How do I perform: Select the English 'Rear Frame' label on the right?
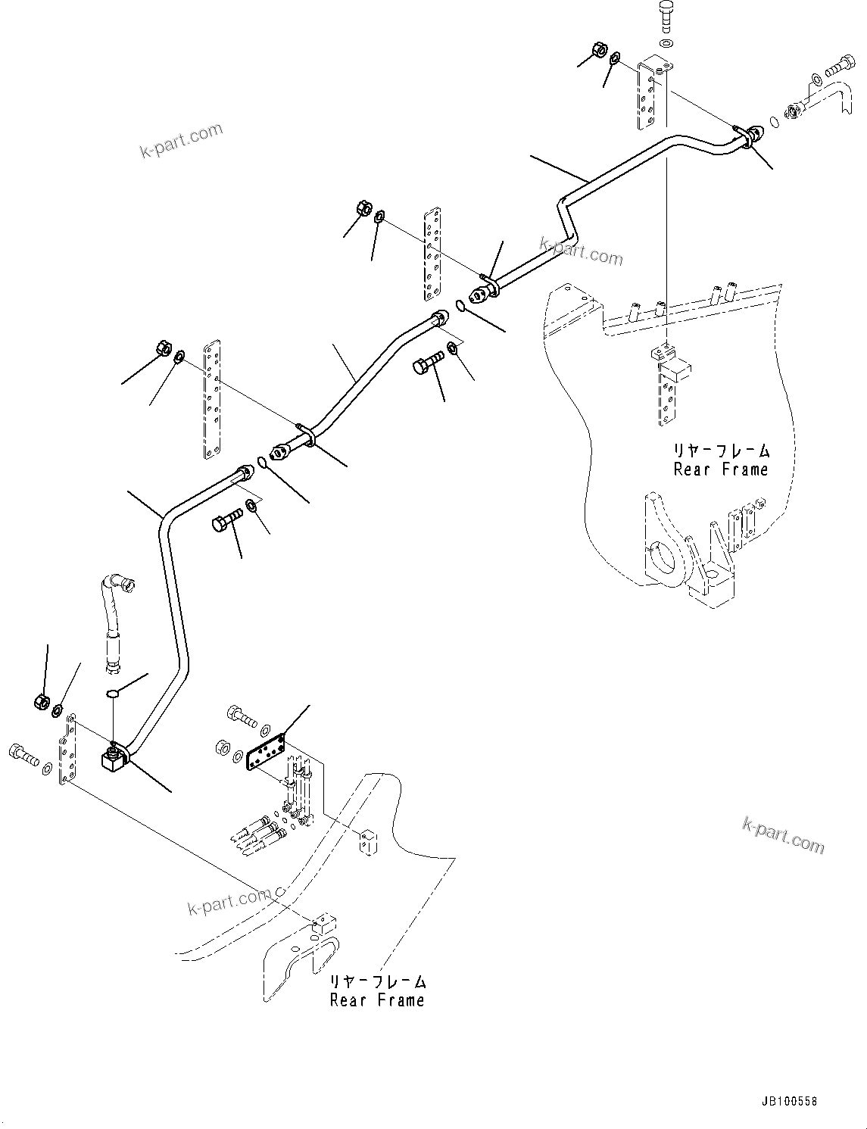pos(721,469)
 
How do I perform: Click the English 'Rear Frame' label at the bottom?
pos(377,1000)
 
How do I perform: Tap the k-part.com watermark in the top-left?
pos(182,141)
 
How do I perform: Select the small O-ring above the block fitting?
pos(112,692)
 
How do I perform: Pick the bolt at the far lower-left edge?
pos(22,753)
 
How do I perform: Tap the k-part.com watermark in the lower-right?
pos(783,835)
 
